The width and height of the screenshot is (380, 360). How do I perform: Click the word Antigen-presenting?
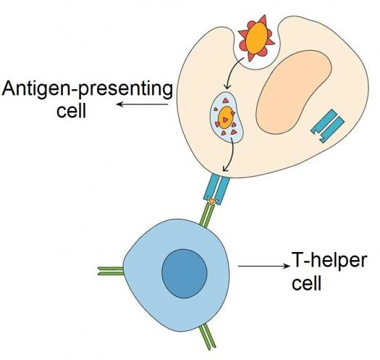point(88,91)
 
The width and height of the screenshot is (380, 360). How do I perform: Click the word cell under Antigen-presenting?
point(71,111)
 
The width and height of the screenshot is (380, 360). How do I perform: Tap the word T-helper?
point(329,260)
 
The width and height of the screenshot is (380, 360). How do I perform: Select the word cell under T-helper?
point(307,282)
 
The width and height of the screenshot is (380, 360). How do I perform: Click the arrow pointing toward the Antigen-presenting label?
point(143,104)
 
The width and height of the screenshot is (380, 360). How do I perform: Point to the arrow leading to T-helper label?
point(264,266)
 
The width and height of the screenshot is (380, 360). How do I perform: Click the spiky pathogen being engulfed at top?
point(256,38)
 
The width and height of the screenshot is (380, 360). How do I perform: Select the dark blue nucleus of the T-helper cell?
point(185,273)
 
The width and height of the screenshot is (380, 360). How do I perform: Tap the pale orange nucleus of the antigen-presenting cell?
point(293,92)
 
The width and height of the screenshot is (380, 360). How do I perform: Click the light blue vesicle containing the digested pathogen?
point(227,117)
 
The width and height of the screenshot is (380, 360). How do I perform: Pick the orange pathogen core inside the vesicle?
point(226,117)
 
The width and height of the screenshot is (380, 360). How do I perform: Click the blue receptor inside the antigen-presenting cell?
point(328,126)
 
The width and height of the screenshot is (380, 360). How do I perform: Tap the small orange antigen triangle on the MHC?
point(212,201)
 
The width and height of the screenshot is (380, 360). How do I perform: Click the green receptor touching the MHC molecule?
point(206,215)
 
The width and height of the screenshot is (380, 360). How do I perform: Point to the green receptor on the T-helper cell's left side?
point(111,271)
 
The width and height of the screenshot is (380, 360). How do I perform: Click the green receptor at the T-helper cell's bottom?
point(207,337)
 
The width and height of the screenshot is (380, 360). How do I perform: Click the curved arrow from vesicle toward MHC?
point(229,155)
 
